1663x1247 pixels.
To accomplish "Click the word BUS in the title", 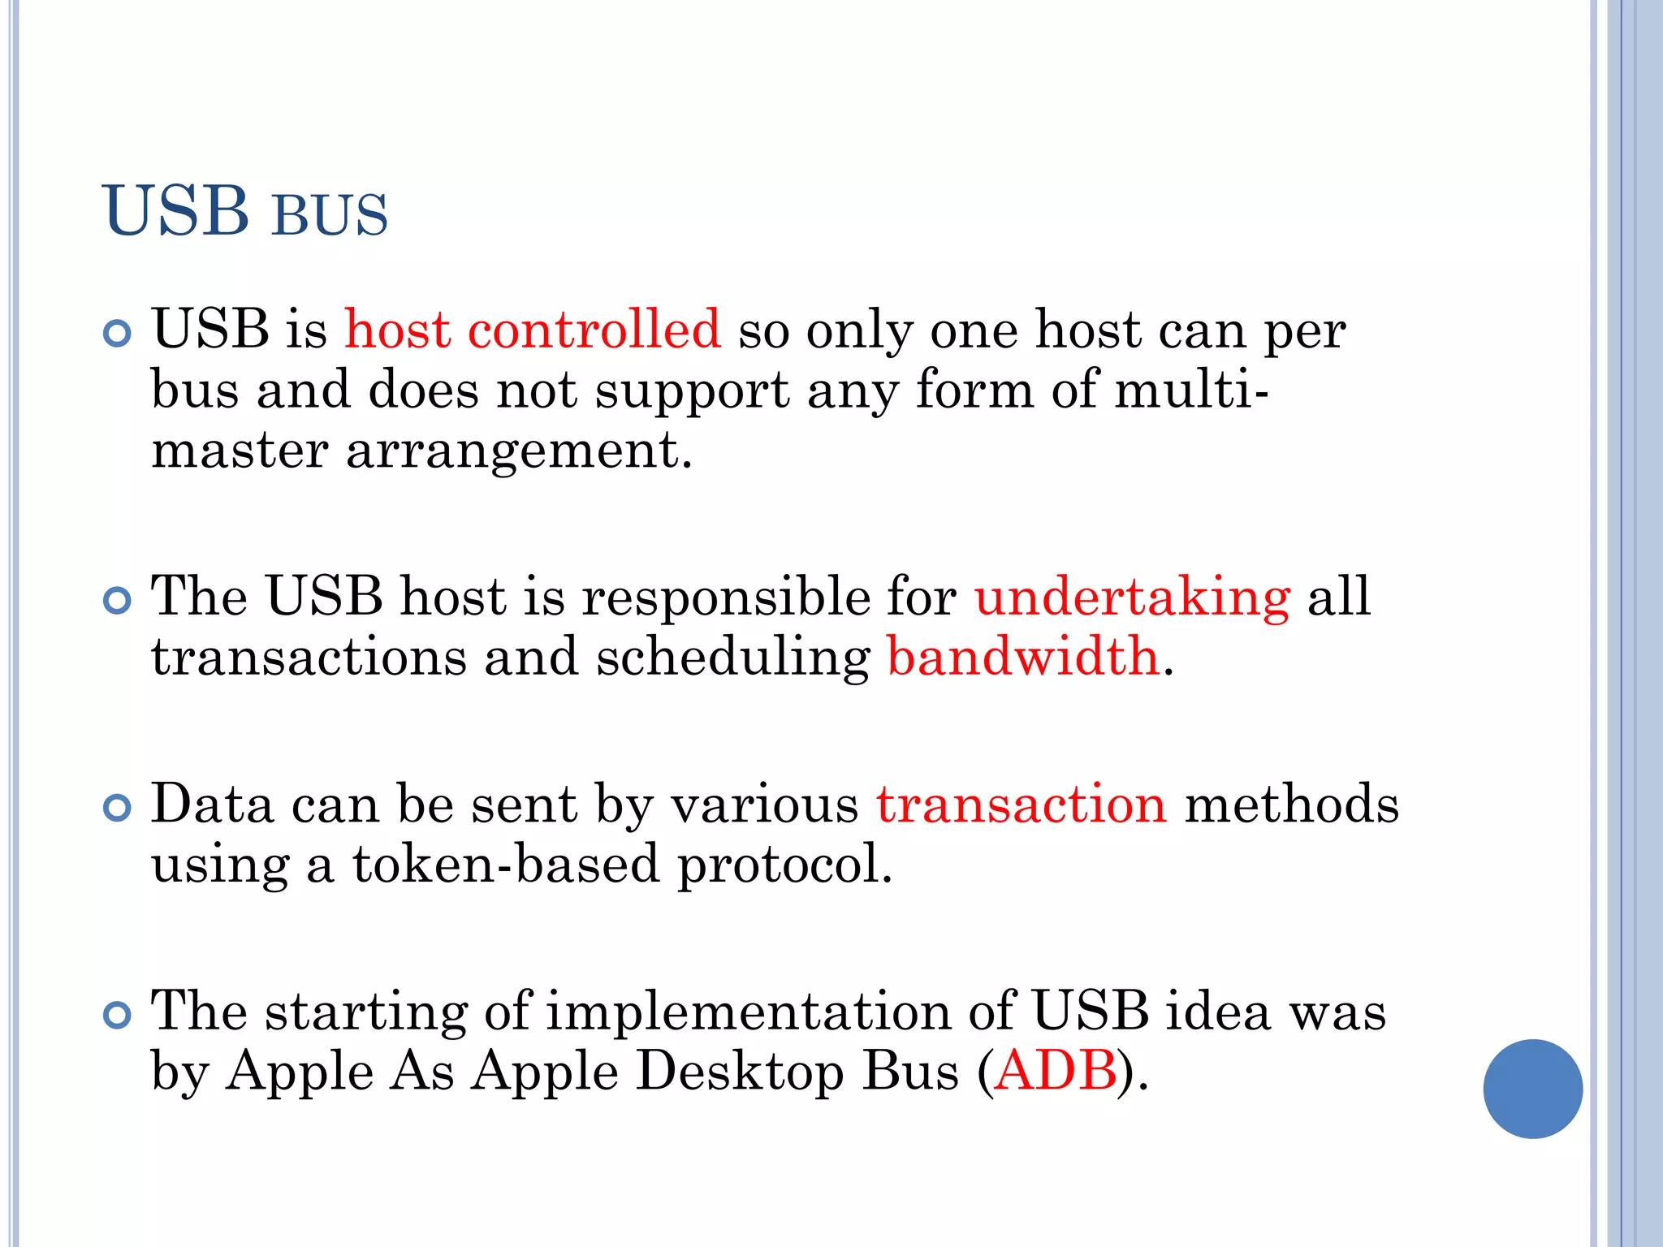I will (x=330, y=216).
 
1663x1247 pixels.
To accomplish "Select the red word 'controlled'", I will (x=594, y=330).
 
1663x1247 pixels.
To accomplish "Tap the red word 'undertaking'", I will (x=1132, y=597).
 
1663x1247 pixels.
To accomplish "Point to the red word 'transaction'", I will (x=1021, y=805).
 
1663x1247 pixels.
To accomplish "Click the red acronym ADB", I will (x=1056, y=1071).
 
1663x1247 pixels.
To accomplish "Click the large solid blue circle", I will (x=1532, y=1089).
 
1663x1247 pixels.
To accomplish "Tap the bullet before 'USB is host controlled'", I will (x=118, y=334).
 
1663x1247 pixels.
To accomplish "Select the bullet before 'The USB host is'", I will (x=118, y=601).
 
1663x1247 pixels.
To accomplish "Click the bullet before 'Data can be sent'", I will (x=118, y=808).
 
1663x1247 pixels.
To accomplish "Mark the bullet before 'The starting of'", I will (x=118, y=1015).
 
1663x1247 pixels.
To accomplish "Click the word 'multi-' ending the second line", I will (x=1190, y=390).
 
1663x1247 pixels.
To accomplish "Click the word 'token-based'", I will (x=506, y=864).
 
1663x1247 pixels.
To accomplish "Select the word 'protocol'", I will (x=784, y=865).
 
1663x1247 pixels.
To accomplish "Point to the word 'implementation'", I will (x=748, y=1012).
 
